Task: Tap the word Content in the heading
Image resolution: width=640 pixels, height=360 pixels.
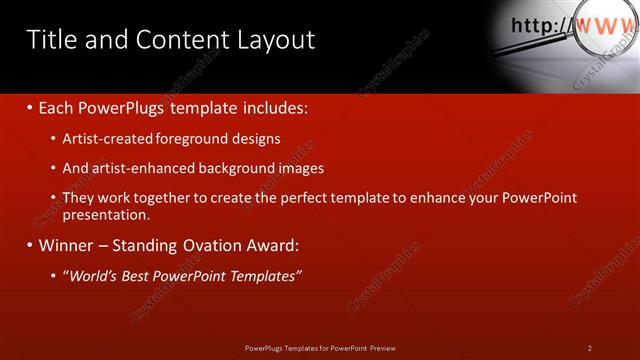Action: (x=176, y=40)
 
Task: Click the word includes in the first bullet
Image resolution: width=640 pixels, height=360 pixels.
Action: (x=270, y=107)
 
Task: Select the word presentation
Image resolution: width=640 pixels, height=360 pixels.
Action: (x=105, y=215)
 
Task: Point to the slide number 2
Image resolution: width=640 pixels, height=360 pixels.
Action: (x=590, y=348)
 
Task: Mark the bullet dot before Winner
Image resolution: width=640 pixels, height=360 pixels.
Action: (x=29, y=245)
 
